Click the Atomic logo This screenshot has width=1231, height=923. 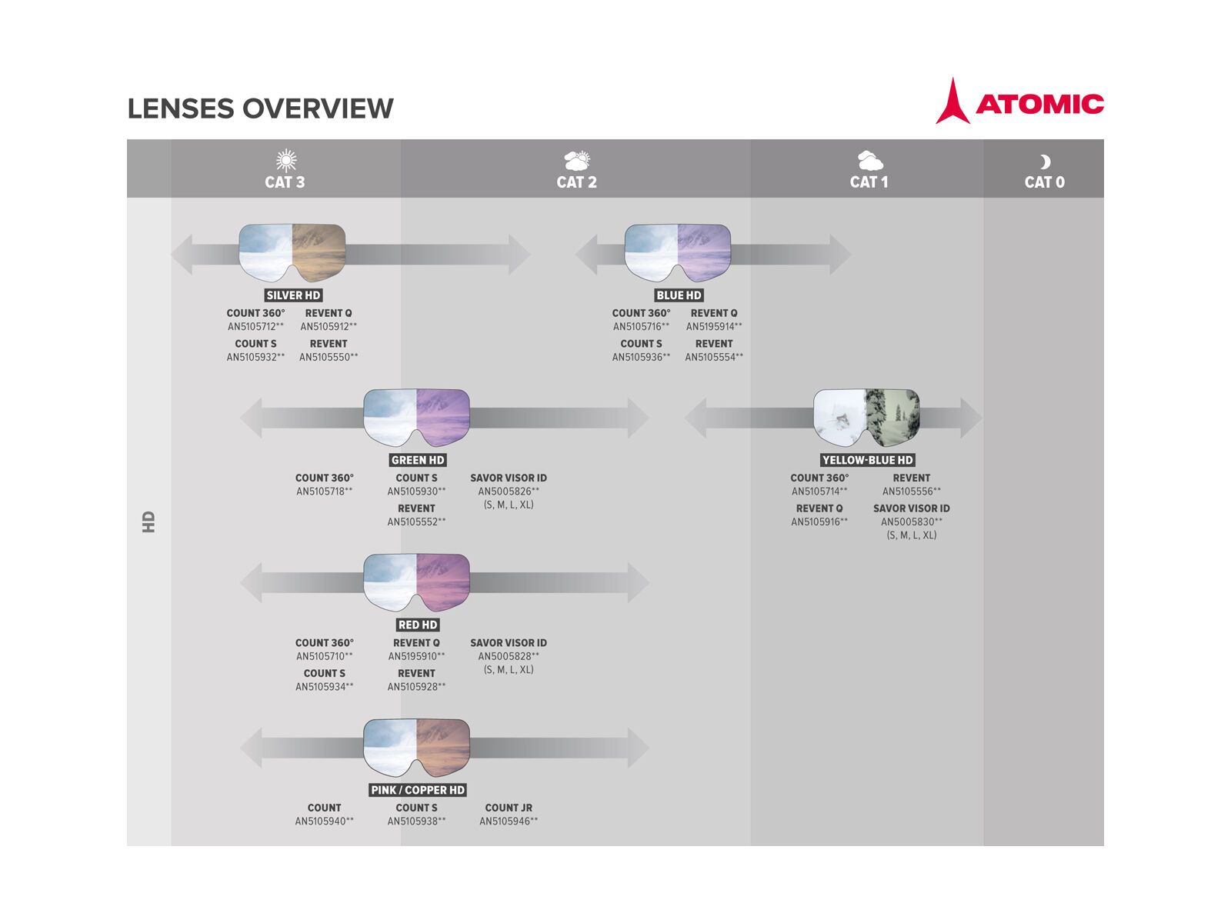(1019, 102)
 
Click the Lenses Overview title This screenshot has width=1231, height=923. (260, 108)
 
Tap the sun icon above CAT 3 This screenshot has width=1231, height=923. (286, 160)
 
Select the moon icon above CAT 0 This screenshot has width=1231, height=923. (1044, 162)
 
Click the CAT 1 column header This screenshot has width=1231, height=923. (869, 182)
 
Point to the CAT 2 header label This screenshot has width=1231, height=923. (576, 182)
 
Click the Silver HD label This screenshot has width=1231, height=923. (293, 295)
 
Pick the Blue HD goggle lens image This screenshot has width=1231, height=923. (677, 252)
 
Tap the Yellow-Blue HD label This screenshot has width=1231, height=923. (867, 460)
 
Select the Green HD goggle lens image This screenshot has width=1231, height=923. (416, 417)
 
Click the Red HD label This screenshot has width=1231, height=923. (418, 625)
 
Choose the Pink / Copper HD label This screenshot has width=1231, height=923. (418, 790)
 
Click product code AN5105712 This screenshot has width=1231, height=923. (255, 327)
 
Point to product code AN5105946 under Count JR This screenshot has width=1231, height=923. (509, 821)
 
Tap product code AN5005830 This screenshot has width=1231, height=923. (911, 521)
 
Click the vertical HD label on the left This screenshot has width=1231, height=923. (148, 521)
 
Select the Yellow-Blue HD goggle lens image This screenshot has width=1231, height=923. (866, 417)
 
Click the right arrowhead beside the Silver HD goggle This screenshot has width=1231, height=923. (519, 255)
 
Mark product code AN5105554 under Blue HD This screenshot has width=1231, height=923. (714, 357)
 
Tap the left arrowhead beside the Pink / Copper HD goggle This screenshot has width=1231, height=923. (252, 747)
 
